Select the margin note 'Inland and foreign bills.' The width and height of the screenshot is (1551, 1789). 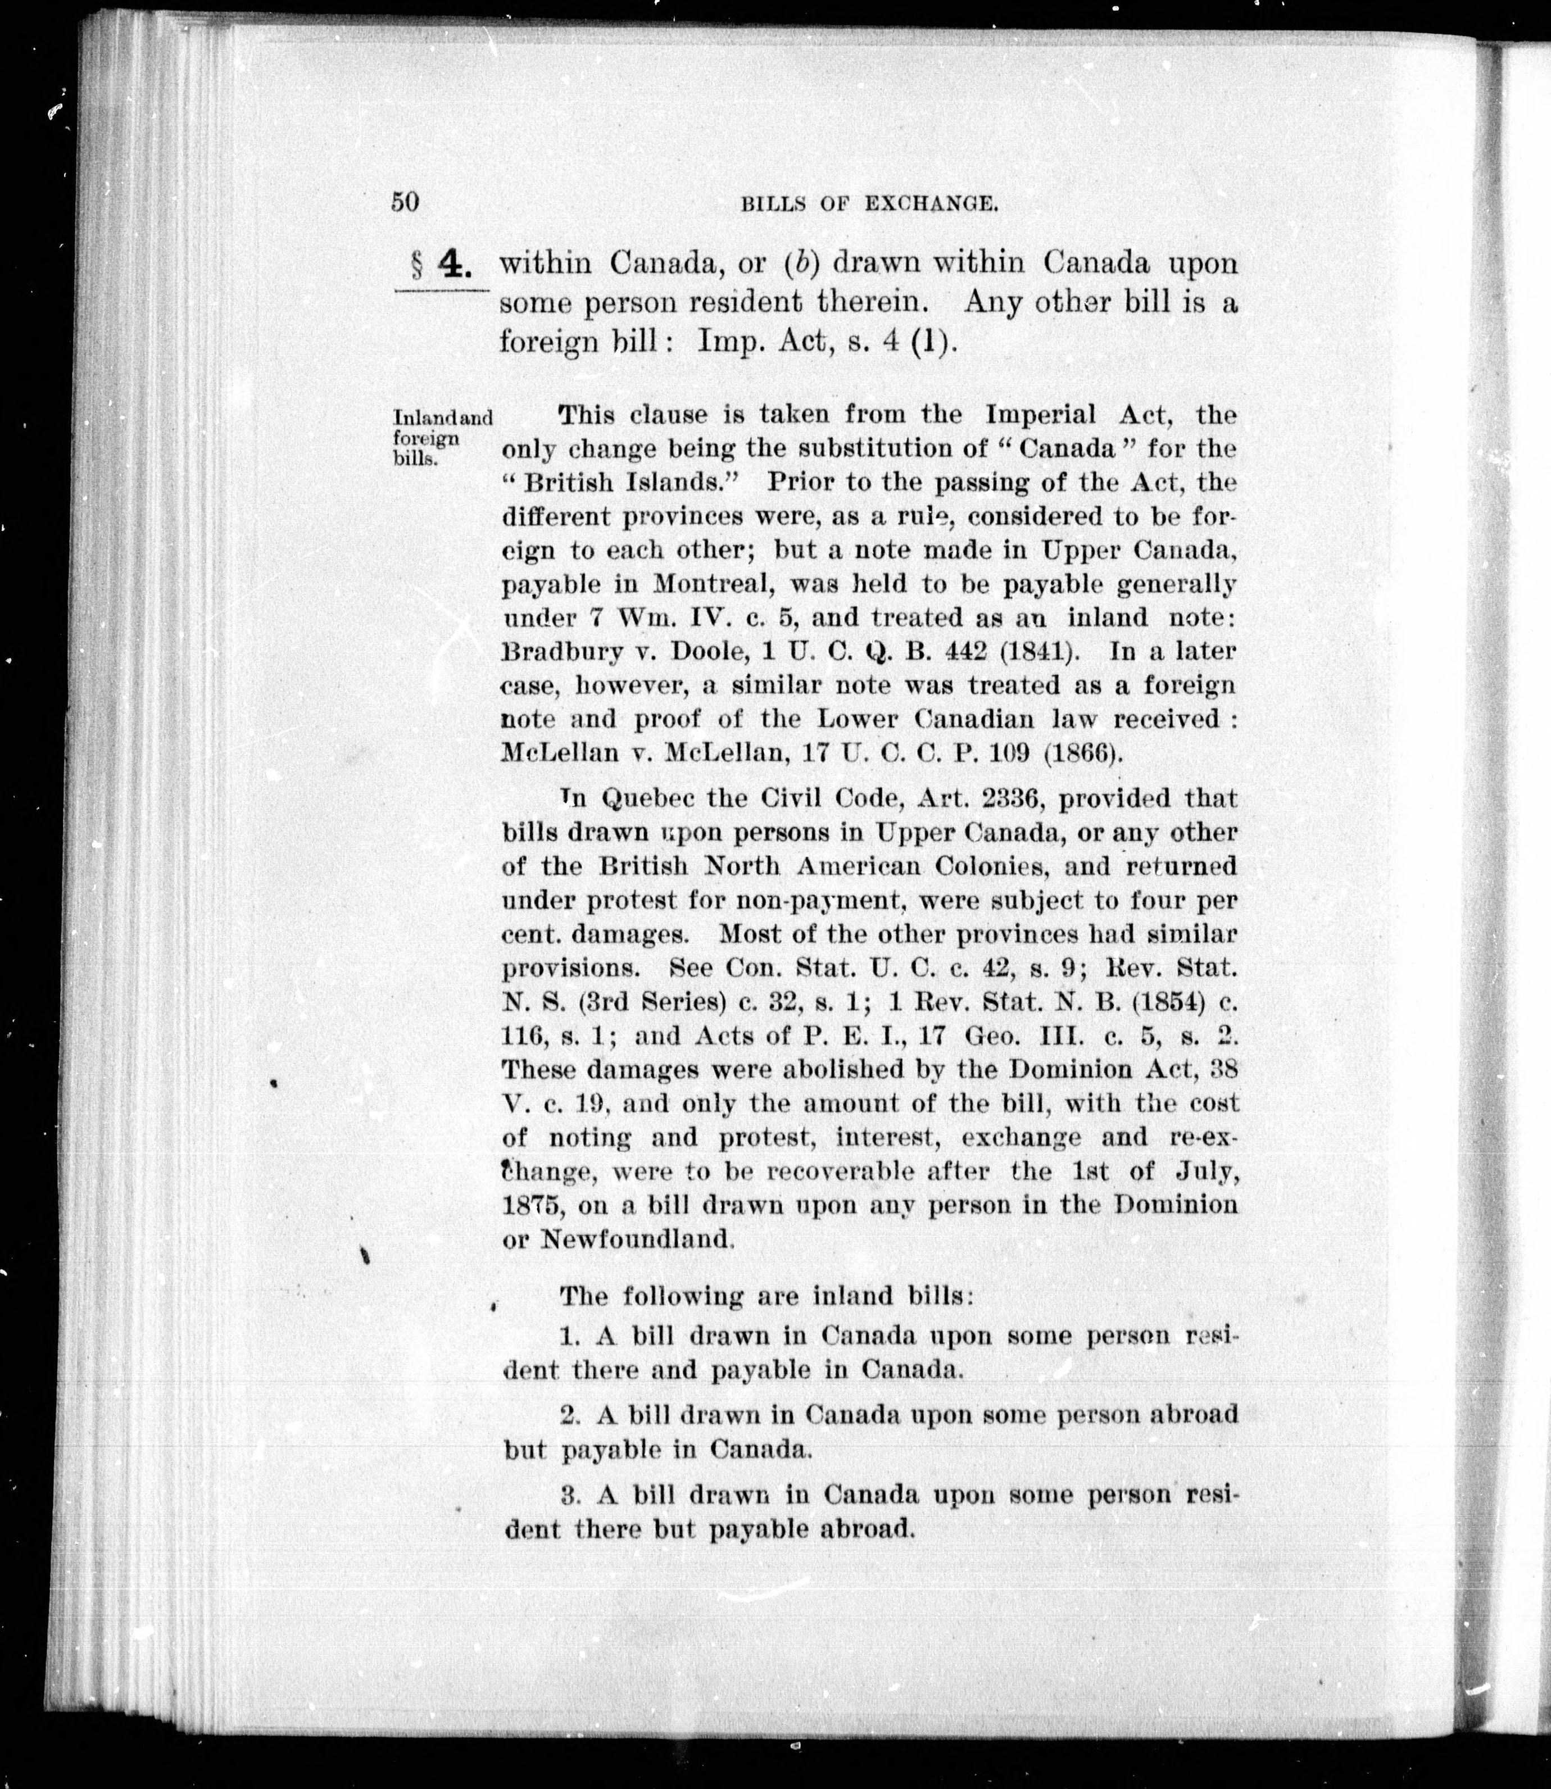[441, 437]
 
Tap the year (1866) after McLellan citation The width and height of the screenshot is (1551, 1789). [1083, 752]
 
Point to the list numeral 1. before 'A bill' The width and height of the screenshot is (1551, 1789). [569, 1336]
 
